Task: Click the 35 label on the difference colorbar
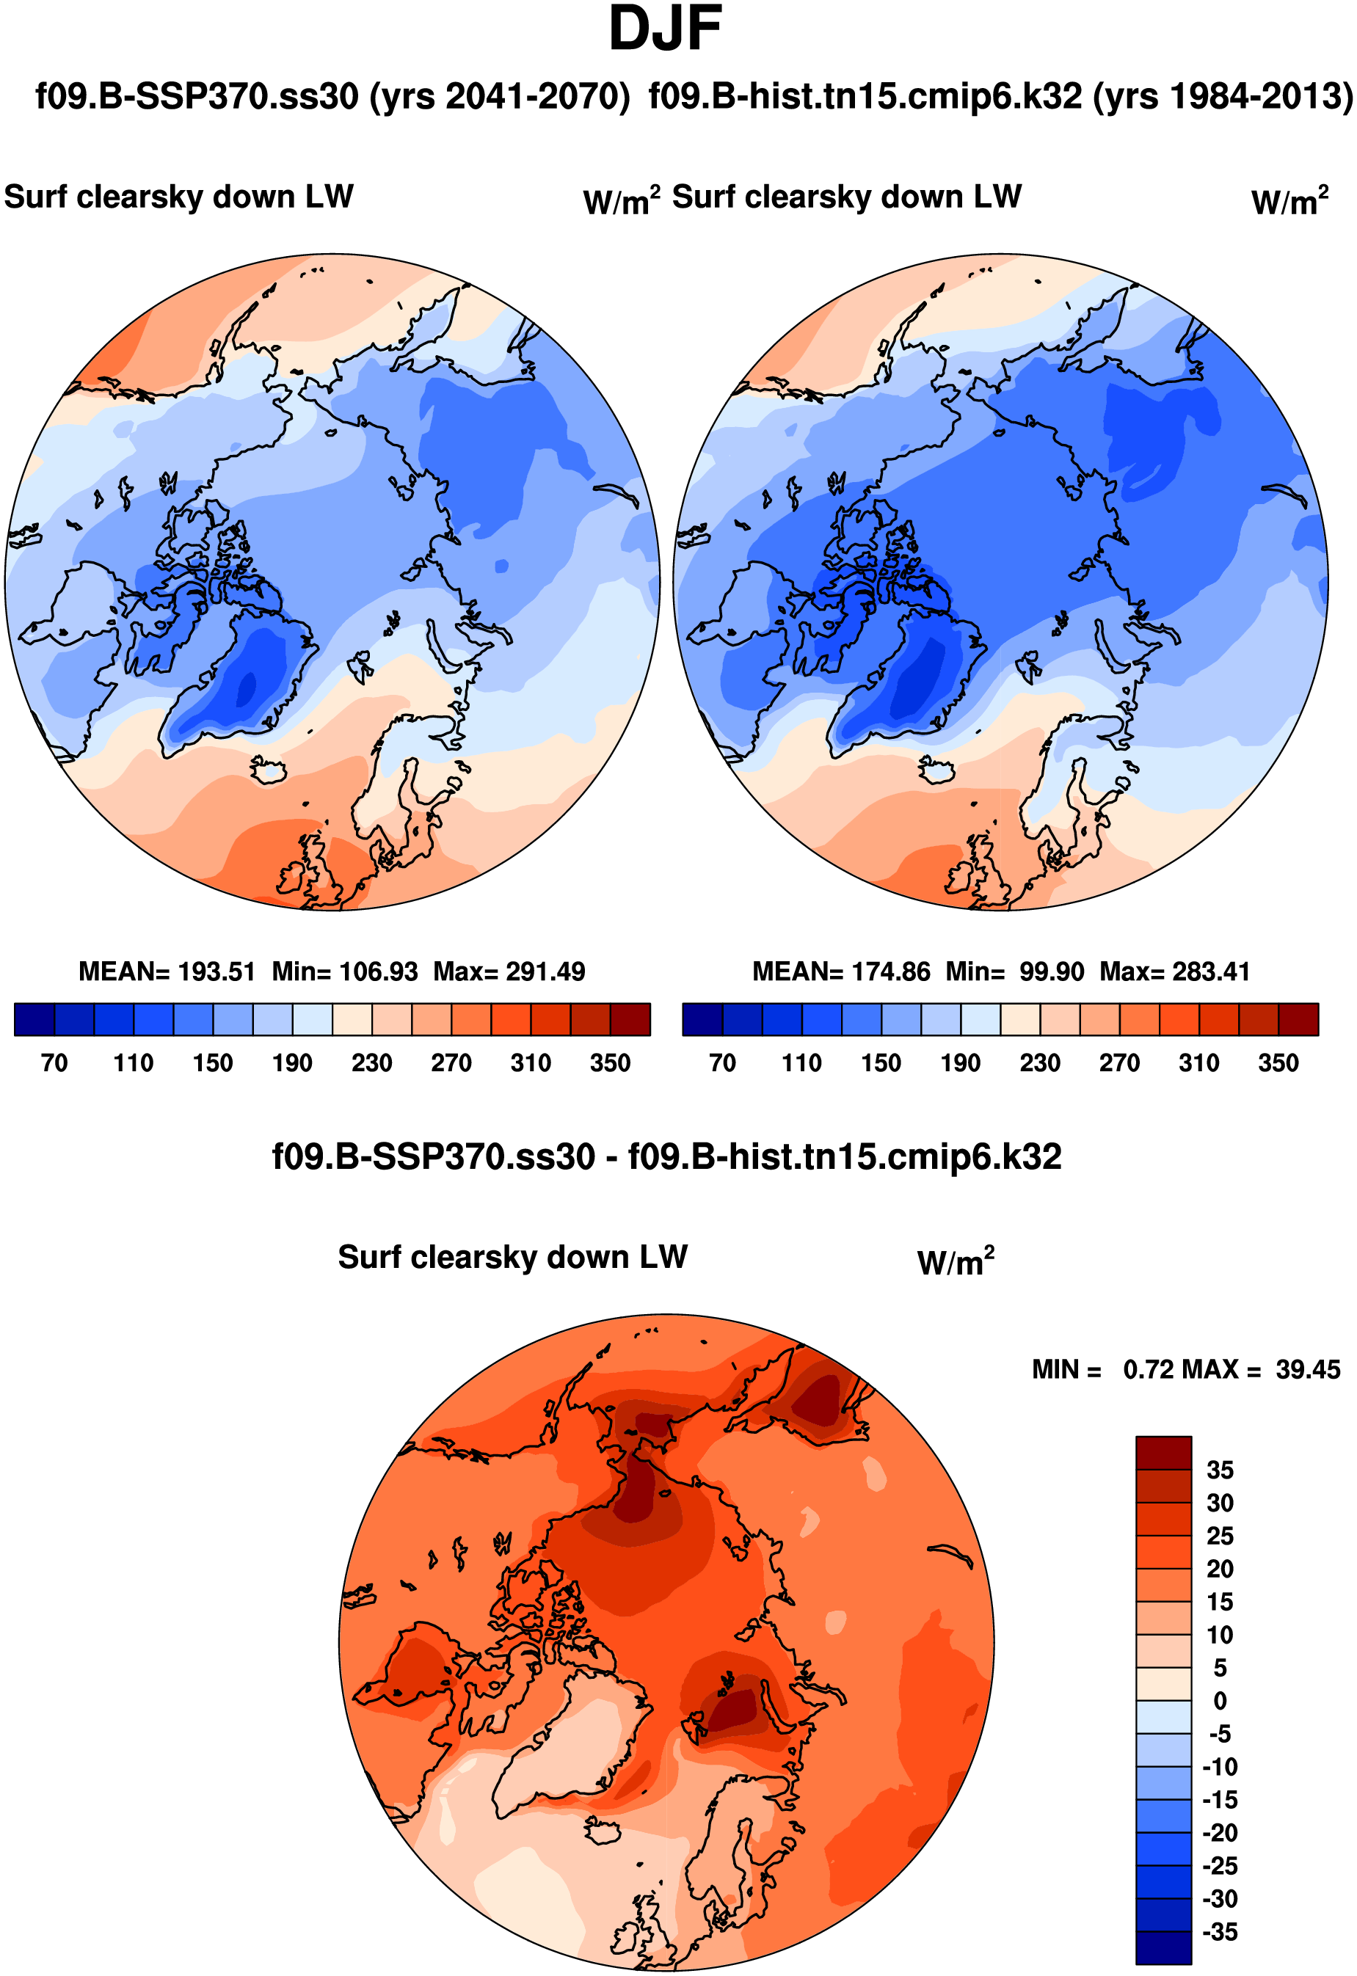pyautogui.click(x=1219, y=1471)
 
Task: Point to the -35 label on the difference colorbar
pyautogui.click(x=1219, y=1933)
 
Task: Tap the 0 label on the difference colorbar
pyautogui.click(x=1219, y=1702)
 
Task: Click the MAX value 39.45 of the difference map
pyautogui.click(x=1308, y=1370)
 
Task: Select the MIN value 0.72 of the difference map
pyautogui.click(x=1147, y=1370)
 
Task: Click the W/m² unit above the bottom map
pyautogui.click(x=955, y=1262)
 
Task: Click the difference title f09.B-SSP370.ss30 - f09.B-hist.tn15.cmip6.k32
pyautogui.click(x=666, y=1157)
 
